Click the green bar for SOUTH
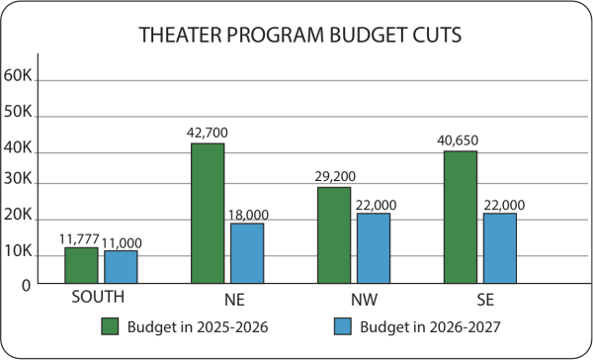pyautogui.click(x=81, y=265)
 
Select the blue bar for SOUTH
pyautogui.click(x=121, y=266)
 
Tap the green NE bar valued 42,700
pyautogui.click(x=208, y=213)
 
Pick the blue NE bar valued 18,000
pyautogui.click(x=247, y=253)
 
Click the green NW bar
pyautogui.click(x=334, y=235)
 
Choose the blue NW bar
pyautogui.click(x=374, y=248)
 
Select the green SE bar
pyautogui.click(x=461, y=217)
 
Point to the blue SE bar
pyautogui.click(x=500, y=248)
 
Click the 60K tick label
pyautogui.click(x=18, y=76)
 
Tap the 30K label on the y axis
pyautogui.click(x=18, y=179)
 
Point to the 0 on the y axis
pyautogui.click(x=26, y=286)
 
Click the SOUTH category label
pyautogui.click(x=98, y=297)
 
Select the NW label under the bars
pyautogui.click(x=364, y=300)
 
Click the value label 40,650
pyautogui.click(x=458, y=140)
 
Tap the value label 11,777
pyautogui.click(x=79, y=239)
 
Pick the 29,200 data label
pyautogui.click(x=335, y=176)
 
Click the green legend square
pyautogui.click(x=110, y=326)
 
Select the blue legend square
pyautogui.click(x=343, y=326)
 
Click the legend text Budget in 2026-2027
pyautogui.click(x=430, y=327)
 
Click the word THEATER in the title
pyautogui.click(x=180, y=35)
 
